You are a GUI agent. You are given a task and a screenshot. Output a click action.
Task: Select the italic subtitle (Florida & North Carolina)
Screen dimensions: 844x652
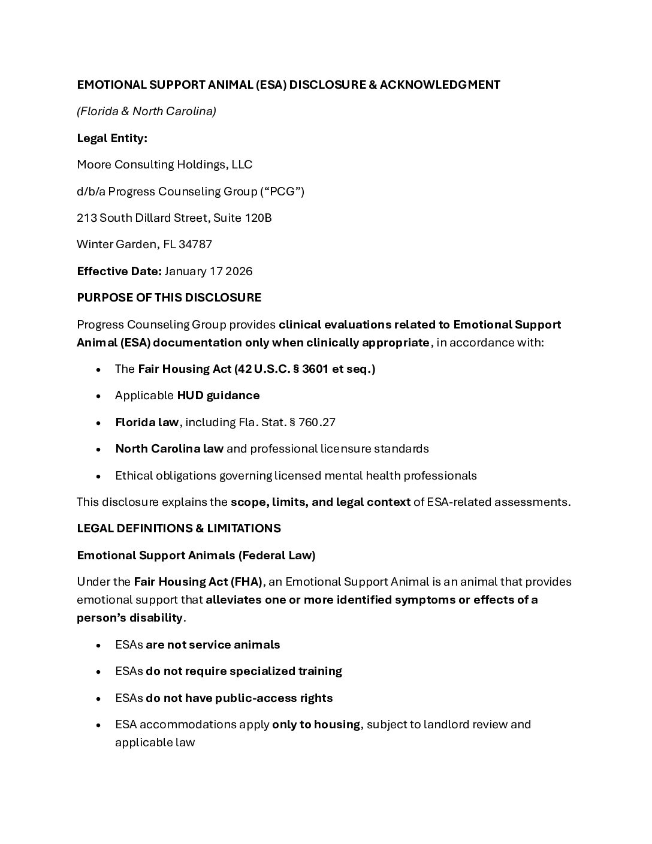(146, 111)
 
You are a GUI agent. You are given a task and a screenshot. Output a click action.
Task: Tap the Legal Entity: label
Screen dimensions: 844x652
(112, 138)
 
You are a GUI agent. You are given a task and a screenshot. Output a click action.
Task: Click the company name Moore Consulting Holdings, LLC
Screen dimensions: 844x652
(165, 165)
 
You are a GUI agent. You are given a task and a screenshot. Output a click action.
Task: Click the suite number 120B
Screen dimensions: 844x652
(258, 218)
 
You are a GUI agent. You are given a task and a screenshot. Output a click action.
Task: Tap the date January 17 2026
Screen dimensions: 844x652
(209, 272)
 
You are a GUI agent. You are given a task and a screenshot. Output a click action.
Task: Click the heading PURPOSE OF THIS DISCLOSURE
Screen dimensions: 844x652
(169, 298)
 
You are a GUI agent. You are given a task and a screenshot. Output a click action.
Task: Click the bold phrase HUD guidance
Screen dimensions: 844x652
(218, 396)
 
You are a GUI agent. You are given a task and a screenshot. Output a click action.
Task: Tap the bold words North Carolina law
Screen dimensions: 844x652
(170, 449)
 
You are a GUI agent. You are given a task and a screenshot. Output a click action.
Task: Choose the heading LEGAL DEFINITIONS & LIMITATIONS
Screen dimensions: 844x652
(179, 529)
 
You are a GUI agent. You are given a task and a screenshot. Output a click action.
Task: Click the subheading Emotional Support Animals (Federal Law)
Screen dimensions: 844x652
(196, 556)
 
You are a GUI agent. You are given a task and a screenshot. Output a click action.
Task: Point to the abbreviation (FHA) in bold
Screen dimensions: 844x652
(245, 582)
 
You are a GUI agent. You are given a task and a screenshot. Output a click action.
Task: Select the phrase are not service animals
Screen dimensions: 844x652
(213, 645)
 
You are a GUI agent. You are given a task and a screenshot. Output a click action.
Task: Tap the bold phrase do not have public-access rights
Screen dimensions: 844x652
(239, 698)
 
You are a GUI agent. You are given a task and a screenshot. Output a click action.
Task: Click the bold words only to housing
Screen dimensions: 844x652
(316, 725)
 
